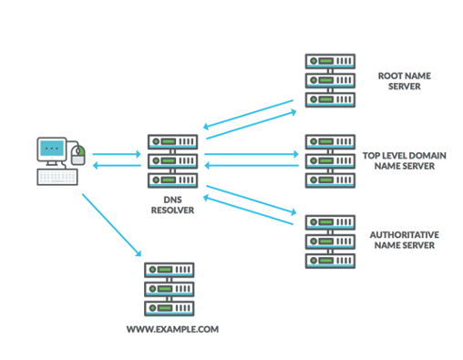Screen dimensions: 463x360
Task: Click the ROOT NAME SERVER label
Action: pos(405,81)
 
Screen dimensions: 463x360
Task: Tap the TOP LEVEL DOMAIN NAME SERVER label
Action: pos(405,161)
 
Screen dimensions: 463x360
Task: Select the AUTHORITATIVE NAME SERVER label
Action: pos(405,240)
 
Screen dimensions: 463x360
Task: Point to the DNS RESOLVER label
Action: pos(172,205)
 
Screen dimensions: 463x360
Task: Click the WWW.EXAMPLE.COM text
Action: pos(172,329)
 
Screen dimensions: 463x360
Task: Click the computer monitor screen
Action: pos(52,148)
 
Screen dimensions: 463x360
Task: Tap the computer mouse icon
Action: pos(78,155)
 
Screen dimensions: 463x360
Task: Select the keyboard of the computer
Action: pos(57,177)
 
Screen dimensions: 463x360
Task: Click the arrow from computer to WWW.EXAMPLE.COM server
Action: pos(112,225)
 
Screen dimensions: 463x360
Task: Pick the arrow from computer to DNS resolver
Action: pos(117,154)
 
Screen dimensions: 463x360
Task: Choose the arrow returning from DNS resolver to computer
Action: pos(117,166)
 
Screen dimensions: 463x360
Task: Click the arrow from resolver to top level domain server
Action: pos(252,154)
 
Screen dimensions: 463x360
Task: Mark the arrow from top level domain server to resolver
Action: pos(252,166)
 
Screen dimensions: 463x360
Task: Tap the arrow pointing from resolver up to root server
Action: pos(252,125)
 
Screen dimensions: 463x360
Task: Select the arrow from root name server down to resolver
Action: pos(248,115)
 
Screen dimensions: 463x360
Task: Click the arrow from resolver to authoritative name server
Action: pos(252,200)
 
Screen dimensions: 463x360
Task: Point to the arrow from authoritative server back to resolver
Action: pos(248,210)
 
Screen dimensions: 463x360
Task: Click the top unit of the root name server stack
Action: pos(330,61)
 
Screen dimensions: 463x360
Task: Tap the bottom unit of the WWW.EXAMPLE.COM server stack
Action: pos(170,308)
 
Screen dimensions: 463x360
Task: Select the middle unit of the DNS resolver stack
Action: pos(172,161)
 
